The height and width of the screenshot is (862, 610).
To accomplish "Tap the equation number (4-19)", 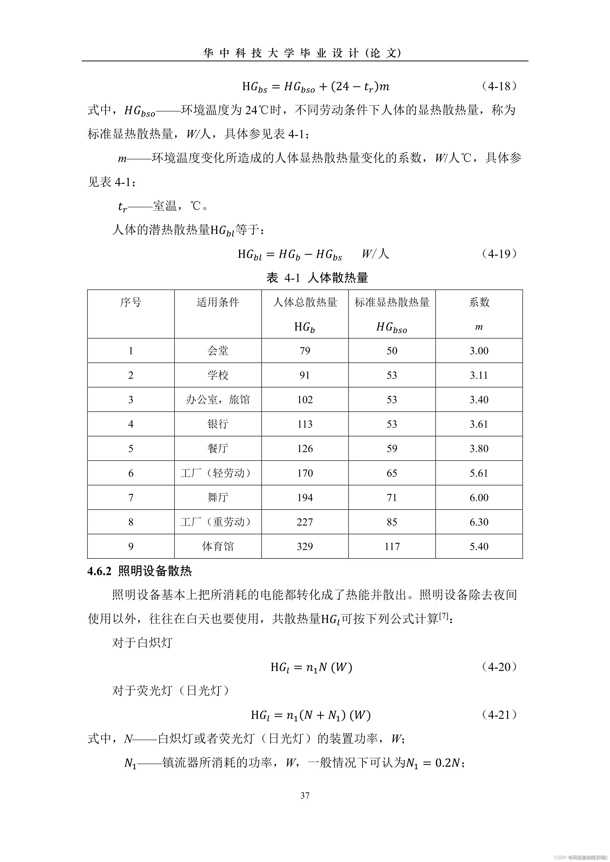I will (x=499, y=254).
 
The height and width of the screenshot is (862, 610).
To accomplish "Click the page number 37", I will (x=305, y=795).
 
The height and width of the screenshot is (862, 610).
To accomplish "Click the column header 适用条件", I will (x=218, y=302).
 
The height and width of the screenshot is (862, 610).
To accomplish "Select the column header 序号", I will (x=131, y=302).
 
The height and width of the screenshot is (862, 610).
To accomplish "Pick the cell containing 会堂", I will (x=218, y=351).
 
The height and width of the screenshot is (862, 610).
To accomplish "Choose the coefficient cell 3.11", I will (x=479, y=375).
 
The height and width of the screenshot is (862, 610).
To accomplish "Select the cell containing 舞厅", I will (x=218, y=497).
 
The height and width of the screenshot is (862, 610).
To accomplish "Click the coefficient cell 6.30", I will (x=479, y=522).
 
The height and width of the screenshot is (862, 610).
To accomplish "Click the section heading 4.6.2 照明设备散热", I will (x=139, y=571).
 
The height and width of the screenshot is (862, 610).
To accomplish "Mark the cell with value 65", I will (x=392, y=473).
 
